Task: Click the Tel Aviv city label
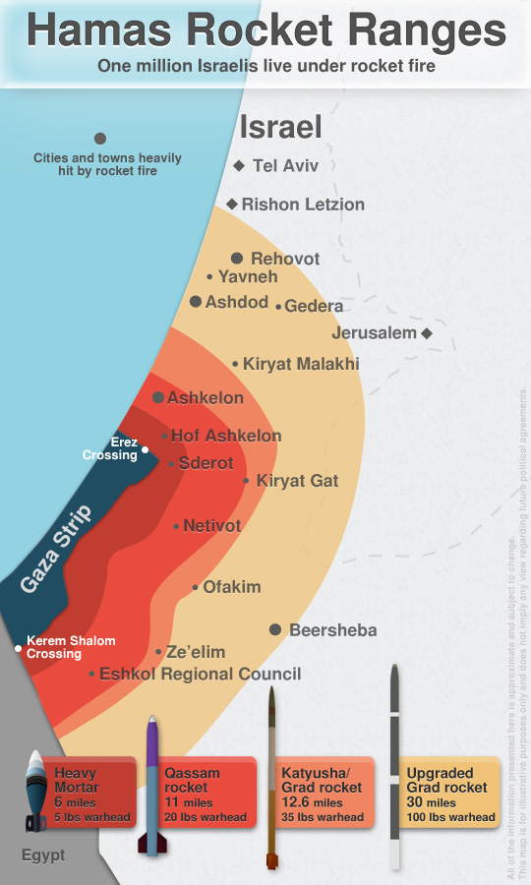coord(285,166)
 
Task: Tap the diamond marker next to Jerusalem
coord(427,333)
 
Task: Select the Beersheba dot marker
coord(275,629)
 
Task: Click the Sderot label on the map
coord(206,463)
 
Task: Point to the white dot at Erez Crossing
coord(146,450)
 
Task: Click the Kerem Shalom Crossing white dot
coord(18,648)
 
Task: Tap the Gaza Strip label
coord(56,550)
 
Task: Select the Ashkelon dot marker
coord(158,397)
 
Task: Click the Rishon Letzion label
coord(303,205)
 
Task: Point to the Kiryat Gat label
coord(297,481)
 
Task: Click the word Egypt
coord(43,855)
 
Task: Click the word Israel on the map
coord(281,127)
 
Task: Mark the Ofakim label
coord(232,587)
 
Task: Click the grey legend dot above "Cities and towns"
coord(99,139)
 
